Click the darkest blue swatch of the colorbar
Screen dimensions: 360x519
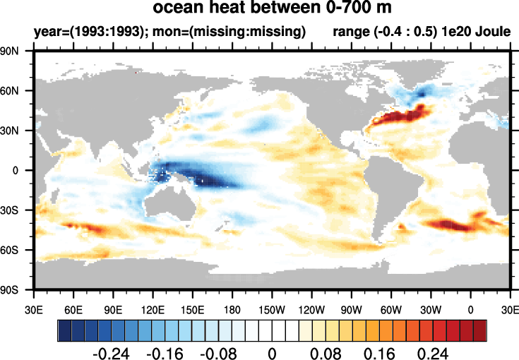pos(64,330)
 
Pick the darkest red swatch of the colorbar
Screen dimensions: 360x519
pos(480,330)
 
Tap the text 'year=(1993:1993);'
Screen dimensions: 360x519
pos(78,32)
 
